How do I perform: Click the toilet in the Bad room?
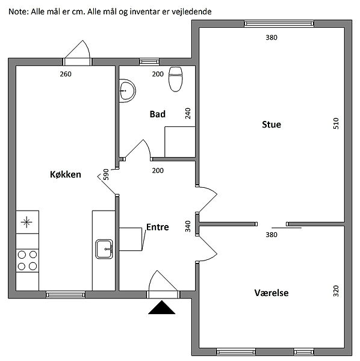(x=176, y=79)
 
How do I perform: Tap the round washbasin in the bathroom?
(x=127, y=91)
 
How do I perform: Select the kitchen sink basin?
(x=104, y=249)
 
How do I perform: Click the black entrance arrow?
(x=162, y=307)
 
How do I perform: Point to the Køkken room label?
(x=66, y=174)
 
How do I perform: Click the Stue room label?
(x=272, y=125)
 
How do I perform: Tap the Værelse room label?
(x=272, y=293)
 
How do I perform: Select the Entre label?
(x=158, y=227)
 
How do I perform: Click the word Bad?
(x=158, y=114)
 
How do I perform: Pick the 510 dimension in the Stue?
(x=336, y=123)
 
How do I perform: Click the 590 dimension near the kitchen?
(x=106, y=174)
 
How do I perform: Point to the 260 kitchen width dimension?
(x=66, y=74)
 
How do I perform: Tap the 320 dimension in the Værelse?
(x=336, y=291)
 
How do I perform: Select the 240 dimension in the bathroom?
(x=188, y=113)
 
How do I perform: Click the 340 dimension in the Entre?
(x=188, y=226)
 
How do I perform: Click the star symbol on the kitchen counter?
(x=26, y=222)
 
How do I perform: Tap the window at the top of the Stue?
(x=279, y=23)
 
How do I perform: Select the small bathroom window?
(x=149, y=62)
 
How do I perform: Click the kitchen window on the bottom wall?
(x=66, y=295)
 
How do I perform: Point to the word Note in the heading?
(x=18, y=11)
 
